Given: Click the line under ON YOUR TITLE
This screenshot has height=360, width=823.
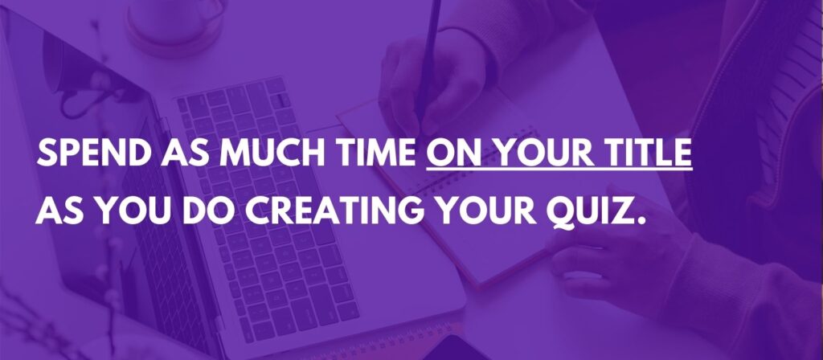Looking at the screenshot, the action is [x=559, y=169].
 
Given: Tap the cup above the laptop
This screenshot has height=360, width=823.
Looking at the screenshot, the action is [x=177, y=23].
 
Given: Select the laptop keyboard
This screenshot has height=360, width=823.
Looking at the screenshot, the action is [x=267, y=210].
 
